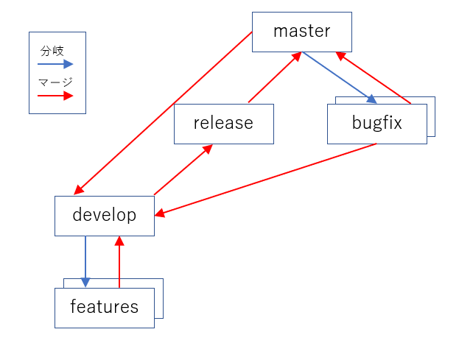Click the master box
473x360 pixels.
click(x=301, y=32)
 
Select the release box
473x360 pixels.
click(x=223, y=124)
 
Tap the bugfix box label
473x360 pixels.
click(x=376, y=124)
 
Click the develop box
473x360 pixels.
click(x=104, y=216)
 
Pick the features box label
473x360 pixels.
click(x=104, y=307)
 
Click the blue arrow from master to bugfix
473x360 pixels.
click(x=339, y=77)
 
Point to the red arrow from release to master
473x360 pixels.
click(x=275, y=77)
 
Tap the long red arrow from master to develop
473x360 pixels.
click(x=164, y=113)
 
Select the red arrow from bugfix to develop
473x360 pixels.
click(x=265, y=179)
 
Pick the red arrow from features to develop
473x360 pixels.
click(x=119, y=261)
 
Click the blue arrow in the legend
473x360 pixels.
click(x=55, y=64)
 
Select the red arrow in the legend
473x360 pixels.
click(x=55, y=95)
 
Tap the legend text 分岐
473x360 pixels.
click(x=52, y=52)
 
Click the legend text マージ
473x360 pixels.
click(x=55, y=82)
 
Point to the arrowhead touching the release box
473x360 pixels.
click(x=209, y=148)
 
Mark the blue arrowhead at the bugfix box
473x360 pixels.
click(x=373, y=100)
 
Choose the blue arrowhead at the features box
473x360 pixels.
click(x=85, y=283)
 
